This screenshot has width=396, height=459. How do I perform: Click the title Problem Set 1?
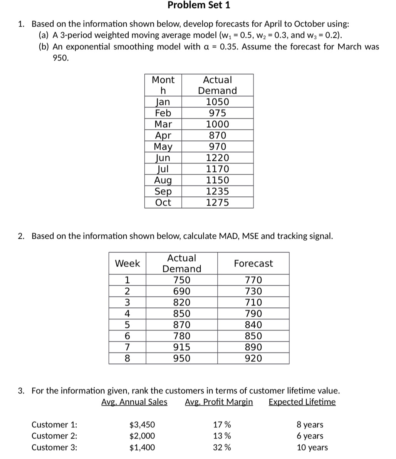(x=199, y=5)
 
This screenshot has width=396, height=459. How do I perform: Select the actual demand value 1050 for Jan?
(x=217, y=102)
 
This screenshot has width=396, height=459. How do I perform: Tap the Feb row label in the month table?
(x=163, y=113)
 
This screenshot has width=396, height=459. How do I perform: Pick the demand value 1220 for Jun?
(x=217, y=158)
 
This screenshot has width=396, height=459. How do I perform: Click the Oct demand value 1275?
(x=217, y=202)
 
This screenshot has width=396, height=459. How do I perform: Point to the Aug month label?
(x=163, y=180)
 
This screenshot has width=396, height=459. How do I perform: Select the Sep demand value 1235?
(x=217, y=191)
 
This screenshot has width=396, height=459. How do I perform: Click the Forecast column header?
(x=253, y=263)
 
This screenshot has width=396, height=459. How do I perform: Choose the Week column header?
(x=127, y=263)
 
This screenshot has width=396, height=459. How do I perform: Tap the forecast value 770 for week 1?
(x=253, y=280)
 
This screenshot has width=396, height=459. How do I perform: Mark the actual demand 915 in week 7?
(x=181, y=347)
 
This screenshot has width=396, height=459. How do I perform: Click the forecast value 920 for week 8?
(x=253, y=358)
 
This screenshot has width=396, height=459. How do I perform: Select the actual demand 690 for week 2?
(x=181, y=291)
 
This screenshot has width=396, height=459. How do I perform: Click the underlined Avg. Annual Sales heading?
(x=134, y=402)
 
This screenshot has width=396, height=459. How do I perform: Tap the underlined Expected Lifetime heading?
(x=302, y=402)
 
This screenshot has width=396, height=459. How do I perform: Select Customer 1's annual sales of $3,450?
(x=142, y=425)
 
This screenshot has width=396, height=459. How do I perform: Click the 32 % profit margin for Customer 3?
(x=222, y=447)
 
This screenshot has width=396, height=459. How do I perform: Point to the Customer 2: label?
(x=54, y=436)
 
